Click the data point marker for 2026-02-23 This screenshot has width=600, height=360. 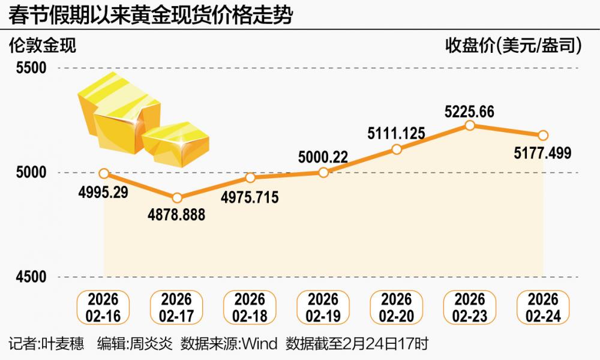click(x=470, y=125)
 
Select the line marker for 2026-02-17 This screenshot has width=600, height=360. click(x=177, y=198)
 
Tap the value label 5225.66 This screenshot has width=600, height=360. click(x=470, y=112)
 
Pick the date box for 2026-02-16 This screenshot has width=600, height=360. click(x=104, y=307)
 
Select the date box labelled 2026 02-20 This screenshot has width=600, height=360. click(x=397, y=307)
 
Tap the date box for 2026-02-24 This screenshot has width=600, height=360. click(x=543, y=307)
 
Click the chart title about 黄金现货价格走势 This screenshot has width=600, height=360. click(x=150, y=16)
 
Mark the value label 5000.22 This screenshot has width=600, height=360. click(x=323, y=158)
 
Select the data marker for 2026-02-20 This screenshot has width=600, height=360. click(x=397, y=149)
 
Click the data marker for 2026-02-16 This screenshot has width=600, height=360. click(x=104, y=173)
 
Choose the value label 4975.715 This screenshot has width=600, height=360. click(x=250, y=197)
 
